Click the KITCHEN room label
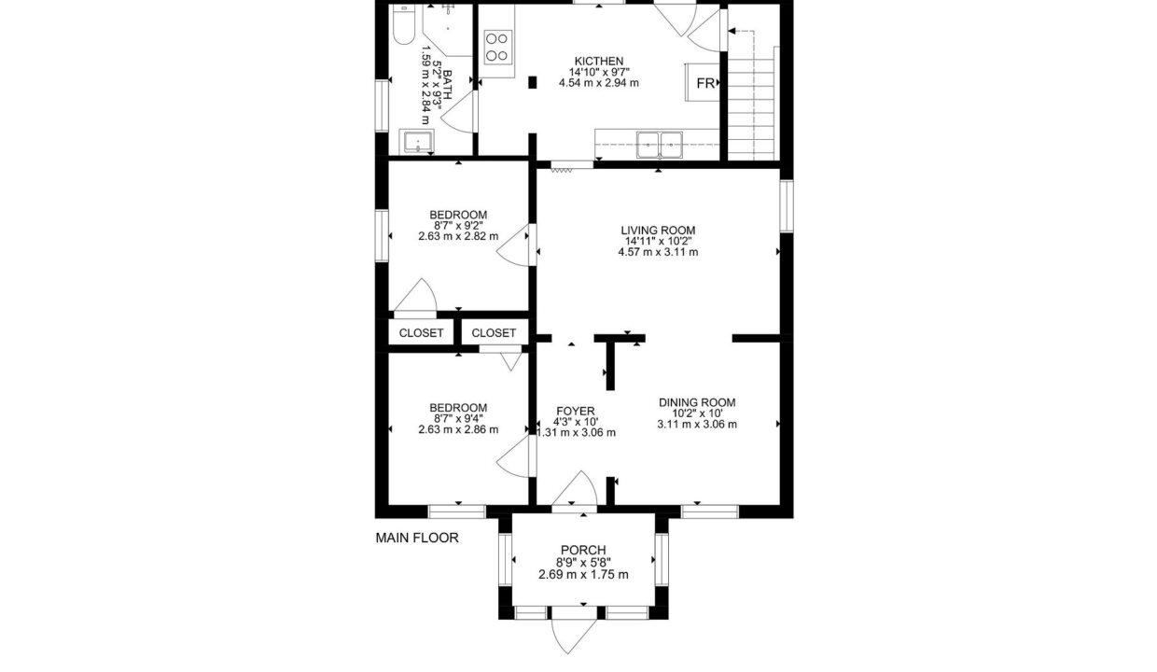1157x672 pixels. pyautogui.click(x=599, y=61)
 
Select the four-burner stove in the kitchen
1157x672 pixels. pyautogui.click(x=498, y=47)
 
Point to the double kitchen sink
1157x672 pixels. pyautogui.click(x=659, y=145)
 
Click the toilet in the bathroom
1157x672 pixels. pyautogui.click(x=403, y=23)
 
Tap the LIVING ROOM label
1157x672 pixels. pyautogui.click(x=658, y=231)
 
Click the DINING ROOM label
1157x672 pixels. pyautogui.click(x=697, y=402)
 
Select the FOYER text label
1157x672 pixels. pyautogui.click(x=576, y=412)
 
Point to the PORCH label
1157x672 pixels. pyautogui.click(x=583, y=550)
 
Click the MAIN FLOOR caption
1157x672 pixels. pyautogui.click(x=417, y=538)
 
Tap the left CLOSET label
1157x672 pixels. pyautogui.click(x=421, y=333)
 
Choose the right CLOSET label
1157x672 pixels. pyautogui.click(x=494, y=333)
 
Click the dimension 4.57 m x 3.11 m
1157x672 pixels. pyautogui.click(x=658, y=252)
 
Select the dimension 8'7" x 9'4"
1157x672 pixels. pyautogui.click(x=458, y=418)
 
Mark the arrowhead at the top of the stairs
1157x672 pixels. pyautogui.click(x=732, y=31)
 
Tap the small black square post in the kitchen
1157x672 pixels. pyautogui.click(x=533, y=82)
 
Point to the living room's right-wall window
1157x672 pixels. pyautogui.click(x=787, y=205)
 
